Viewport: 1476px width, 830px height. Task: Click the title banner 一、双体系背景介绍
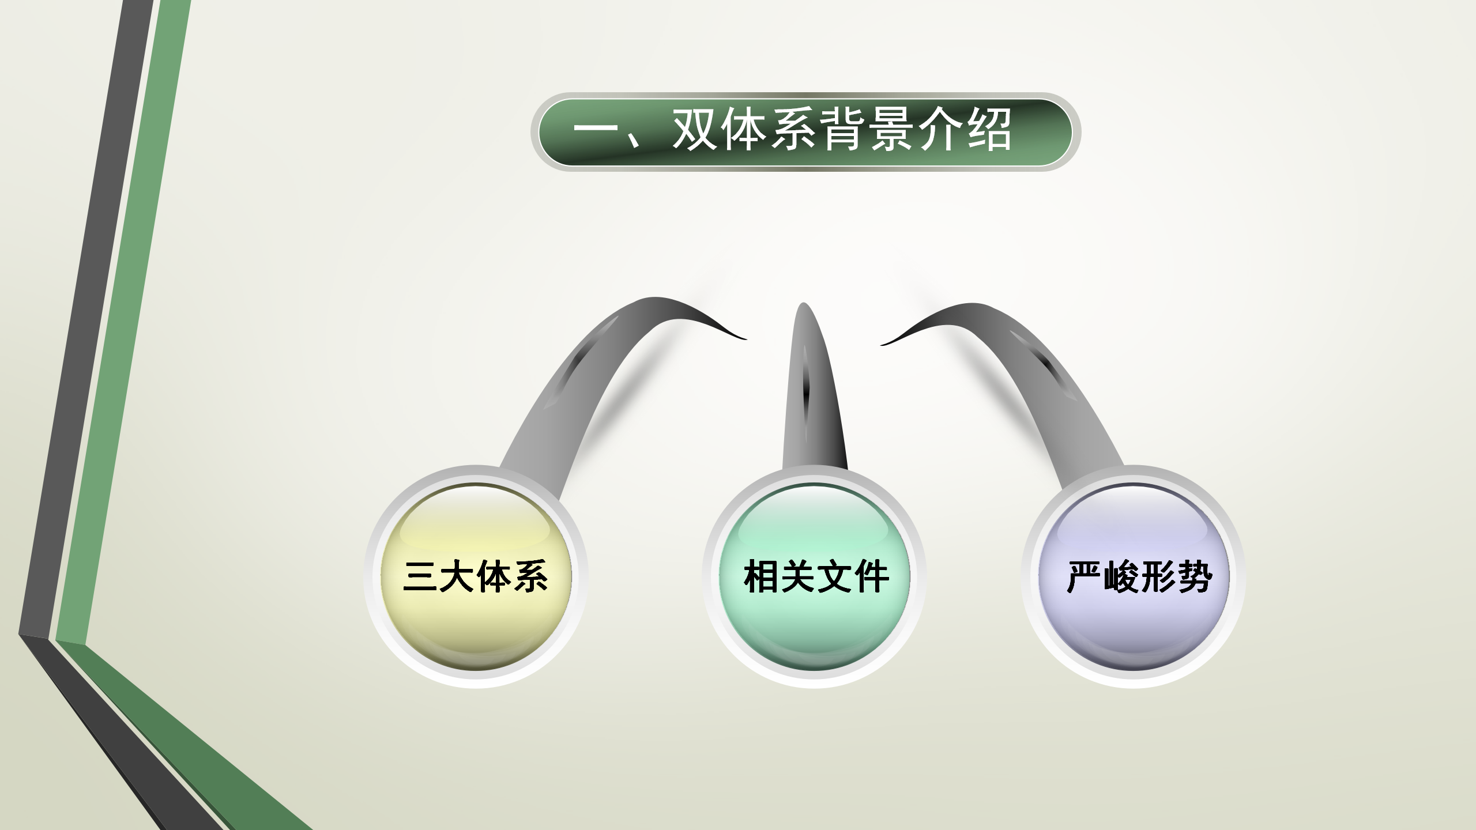(805, 132)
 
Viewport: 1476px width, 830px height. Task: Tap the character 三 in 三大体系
(420, 577)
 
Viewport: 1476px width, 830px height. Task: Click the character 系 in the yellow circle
(530, 577)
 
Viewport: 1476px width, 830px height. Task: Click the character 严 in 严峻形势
(1083, 577)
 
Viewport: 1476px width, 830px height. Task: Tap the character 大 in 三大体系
(457, 577)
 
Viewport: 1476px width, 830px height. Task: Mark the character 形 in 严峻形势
(1157, 577)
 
